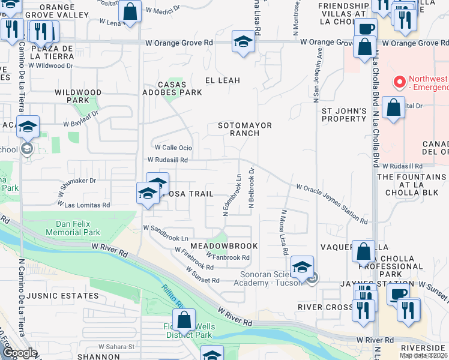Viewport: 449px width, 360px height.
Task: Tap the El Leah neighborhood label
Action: point(223,80)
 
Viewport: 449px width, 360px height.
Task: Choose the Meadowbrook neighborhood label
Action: point(224,246)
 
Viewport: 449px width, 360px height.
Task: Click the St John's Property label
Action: point(344,115)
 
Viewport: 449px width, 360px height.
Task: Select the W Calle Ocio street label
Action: point(173,148)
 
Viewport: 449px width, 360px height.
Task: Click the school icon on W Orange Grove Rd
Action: point(243,42)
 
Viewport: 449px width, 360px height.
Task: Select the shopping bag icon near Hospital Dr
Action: point(393,109)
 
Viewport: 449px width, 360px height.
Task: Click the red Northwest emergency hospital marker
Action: point(398,81)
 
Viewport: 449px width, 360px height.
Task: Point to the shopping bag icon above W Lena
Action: point(130,11)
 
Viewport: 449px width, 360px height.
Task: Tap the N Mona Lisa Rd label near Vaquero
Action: point(283,232)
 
